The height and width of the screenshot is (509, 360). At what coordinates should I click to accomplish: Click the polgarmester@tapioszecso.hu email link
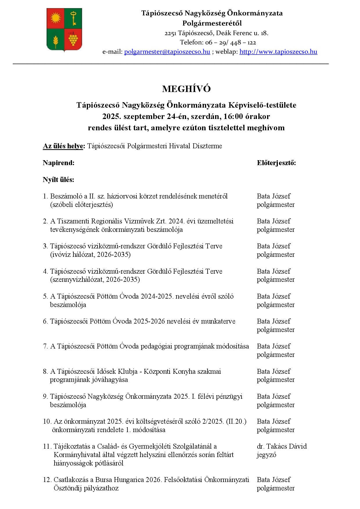coord(167,52)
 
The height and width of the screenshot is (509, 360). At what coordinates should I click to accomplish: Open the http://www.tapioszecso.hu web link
coord(278,52)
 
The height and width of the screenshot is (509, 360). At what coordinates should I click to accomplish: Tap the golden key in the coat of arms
coord(73,18)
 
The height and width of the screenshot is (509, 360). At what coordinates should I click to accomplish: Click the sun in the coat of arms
coord(55,18)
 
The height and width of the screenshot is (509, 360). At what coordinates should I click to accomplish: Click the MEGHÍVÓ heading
coord(186,89)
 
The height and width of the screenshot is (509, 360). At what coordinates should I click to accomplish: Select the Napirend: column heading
coord(59,163)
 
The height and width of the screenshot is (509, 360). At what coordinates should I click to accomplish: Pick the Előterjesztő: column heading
coord(276,163)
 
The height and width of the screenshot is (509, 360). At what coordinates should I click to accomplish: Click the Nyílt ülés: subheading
coord(58,180)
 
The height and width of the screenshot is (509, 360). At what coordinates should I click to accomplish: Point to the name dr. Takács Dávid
coord(282,446)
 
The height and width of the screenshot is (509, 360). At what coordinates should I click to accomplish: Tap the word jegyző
coord(266,455)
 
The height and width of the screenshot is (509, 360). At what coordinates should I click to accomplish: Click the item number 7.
coord(45,346)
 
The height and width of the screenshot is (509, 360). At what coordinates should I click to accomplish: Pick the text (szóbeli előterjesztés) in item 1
coord(82,205)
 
